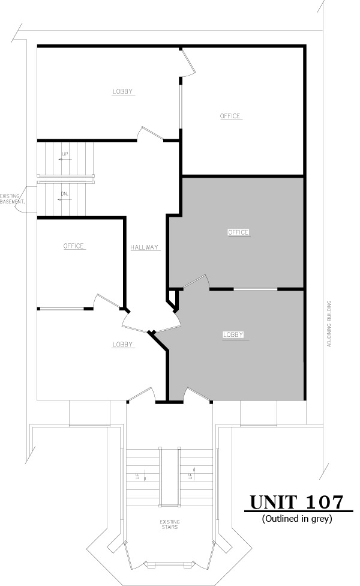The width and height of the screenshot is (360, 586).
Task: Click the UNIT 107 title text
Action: point(297,502)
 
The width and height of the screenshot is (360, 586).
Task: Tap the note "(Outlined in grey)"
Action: point(297,518)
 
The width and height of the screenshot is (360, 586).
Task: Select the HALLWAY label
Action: point(145,247)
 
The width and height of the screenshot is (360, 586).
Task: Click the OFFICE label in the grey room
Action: point(238,232)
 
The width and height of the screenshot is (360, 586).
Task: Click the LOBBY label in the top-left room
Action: point(122,92)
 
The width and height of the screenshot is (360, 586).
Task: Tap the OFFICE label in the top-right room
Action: point(229,116)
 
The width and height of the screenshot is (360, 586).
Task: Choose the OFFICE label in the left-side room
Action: point(74,246)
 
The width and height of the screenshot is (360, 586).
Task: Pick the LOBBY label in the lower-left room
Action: point(122,345)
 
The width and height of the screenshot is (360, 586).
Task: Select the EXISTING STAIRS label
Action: point(169,525)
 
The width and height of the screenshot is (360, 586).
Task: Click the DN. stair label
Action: point(64,194)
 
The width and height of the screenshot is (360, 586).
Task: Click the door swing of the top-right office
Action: point(188,63)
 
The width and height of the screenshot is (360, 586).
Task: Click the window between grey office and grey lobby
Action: point(255,289)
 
